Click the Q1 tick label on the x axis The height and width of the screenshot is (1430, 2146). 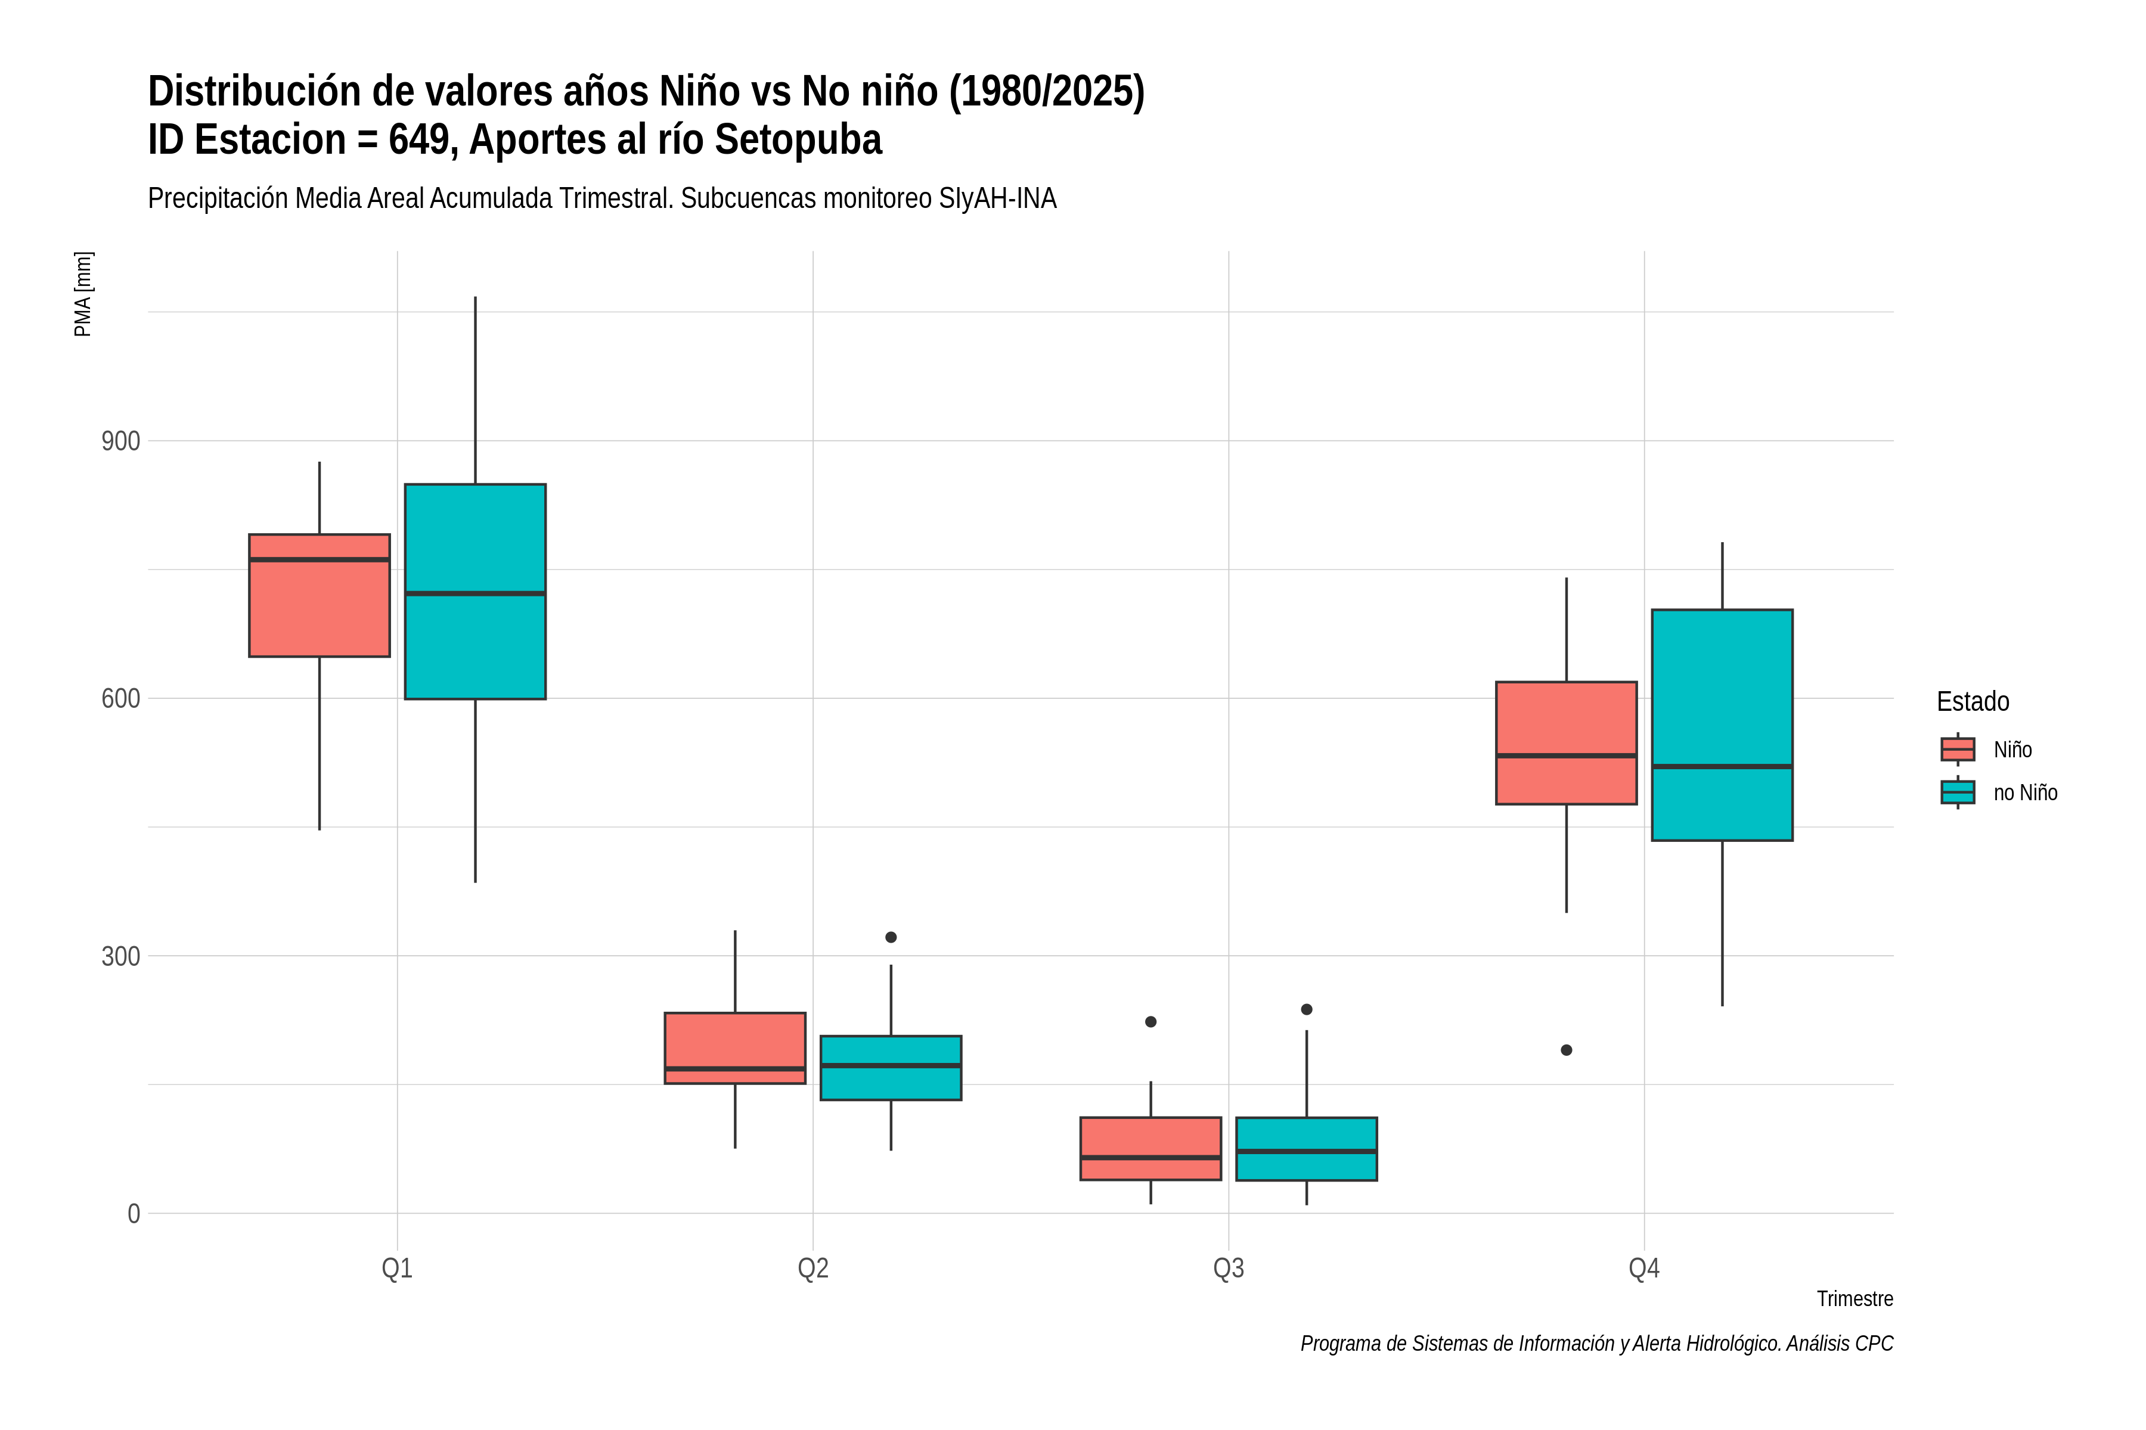[397, 1269]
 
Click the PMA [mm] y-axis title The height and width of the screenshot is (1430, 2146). [83, 294]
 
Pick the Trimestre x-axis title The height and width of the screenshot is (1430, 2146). [1855, 1299]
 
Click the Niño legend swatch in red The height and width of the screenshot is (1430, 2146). [1958, 750]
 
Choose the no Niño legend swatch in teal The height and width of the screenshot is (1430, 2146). [1958, 792]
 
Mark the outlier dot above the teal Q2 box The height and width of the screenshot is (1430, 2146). [891, 937]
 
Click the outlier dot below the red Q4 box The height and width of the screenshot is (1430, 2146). [1567, 1050]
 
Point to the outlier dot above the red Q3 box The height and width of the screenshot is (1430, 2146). [1150, 1022]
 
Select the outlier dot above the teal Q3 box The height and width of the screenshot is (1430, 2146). [1307, 1009]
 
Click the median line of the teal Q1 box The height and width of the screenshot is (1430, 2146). [475, 593]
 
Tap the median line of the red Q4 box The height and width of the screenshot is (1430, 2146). [1567, 756]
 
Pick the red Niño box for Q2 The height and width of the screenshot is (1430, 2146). [736, 1048]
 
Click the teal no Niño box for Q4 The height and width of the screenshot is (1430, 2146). [1723, 725]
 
